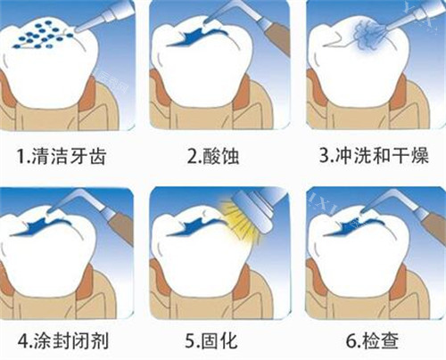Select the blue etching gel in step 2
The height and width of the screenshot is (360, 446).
coord(193,39)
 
